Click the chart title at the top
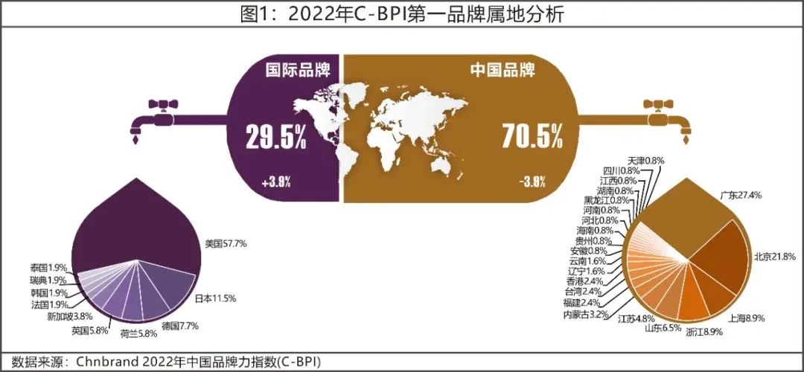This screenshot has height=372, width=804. coord(402,13)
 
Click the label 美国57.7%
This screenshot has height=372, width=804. coord(226,243)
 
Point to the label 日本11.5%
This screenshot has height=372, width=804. coord(215,298)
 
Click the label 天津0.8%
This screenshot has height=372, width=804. coord(645,161)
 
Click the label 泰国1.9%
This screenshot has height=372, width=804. coord(48,267)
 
